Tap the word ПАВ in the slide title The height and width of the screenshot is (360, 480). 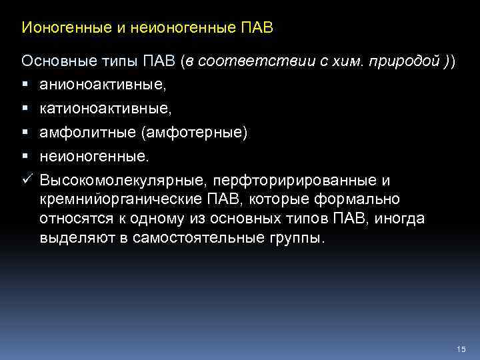point(255,29)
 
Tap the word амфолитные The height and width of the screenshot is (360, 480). point(85,133)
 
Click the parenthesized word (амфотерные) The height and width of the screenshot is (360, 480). point(193,133)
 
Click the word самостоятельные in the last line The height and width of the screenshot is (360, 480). point(206,239)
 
